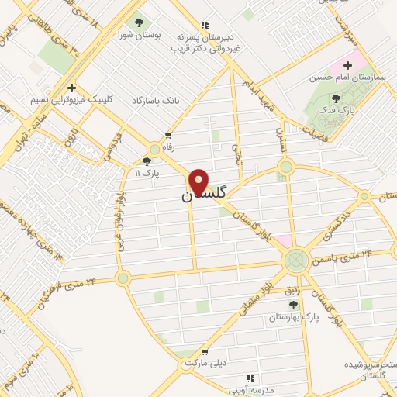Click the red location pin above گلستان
pos(199,181)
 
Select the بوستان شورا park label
pos(139,35)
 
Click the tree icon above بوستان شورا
pos(139,22)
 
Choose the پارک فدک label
pos(337,111)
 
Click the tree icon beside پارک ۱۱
pos(147,162)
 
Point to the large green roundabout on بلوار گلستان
pos(295,258)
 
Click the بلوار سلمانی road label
pos(259,295)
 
